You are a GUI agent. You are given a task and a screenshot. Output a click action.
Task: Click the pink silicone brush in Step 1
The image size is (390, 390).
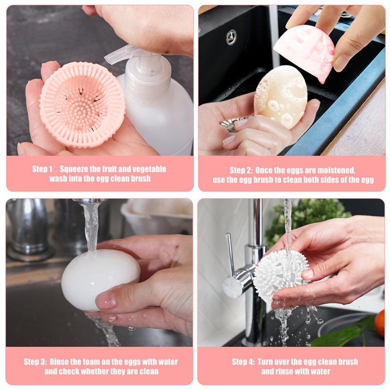(x=82, y=104)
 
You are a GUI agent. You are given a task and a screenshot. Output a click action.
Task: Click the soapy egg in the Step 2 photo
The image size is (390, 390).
(x=281, y=97)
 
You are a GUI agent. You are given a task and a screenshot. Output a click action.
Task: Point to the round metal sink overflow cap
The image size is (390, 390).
(x=231, y=38)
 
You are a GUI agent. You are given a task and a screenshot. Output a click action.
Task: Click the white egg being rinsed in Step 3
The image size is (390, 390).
(x=100, y=280)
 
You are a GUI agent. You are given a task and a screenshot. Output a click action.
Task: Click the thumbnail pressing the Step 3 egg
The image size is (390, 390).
(x=106, y=300)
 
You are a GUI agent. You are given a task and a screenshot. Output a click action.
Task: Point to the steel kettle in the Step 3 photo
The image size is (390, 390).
(x=27, y=229)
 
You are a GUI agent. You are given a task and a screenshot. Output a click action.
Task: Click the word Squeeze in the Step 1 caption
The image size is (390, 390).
(x=74, y=169)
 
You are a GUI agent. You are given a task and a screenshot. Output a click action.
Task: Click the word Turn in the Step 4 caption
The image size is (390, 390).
(x=266, y=362)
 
